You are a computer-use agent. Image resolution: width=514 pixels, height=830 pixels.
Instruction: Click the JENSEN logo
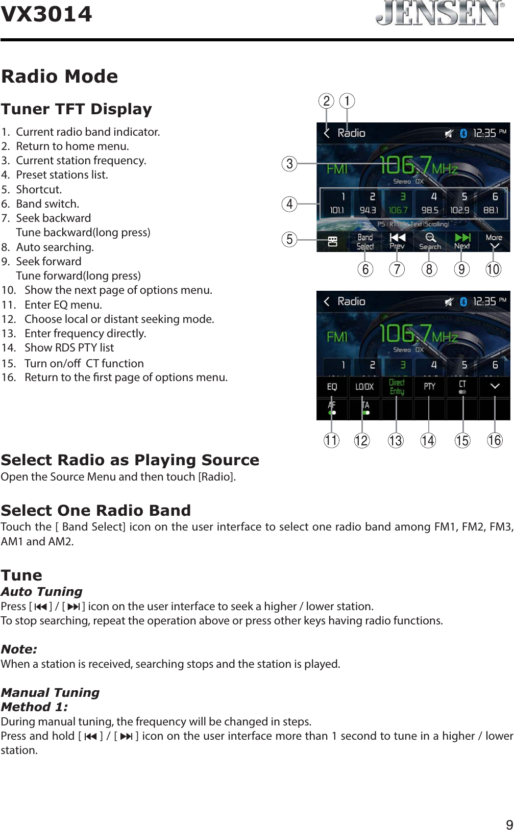(x=439, y=13)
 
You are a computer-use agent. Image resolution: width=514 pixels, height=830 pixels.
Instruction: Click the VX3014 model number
(x=46, y=14)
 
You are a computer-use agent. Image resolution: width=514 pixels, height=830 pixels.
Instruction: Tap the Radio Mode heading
(x=60, y=77)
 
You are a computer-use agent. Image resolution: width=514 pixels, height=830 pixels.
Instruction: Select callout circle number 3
(x=289, y=164)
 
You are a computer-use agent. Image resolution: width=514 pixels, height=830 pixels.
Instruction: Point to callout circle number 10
(x=493, y=269)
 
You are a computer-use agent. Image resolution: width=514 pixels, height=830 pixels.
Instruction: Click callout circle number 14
(x=428, y=440)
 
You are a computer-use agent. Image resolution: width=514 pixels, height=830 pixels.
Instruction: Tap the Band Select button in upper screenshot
(x=365, y=241)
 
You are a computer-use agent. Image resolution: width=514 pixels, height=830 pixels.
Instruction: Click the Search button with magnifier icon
(x=430, y=241)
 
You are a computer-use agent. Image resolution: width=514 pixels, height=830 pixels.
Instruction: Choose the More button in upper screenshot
(x=494, y=241)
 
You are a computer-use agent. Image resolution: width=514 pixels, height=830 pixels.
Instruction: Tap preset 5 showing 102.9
(x=460, y=203)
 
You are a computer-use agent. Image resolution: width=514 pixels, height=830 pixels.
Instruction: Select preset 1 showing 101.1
(x=337, y=203)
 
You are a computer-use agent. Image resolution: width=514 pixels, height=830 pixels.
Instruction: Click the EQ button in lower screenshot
(x=332, y=387)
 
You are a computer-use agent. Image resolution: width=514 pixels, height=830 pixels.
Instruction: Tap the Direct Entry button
(x=397, y=387)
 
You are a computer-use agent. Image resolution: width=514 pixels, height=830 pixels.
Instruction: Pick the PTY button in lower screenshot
(x=429, y=387)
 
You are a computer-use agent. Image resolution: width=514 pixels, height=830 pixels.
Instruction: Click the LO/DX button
(x=364, y=387)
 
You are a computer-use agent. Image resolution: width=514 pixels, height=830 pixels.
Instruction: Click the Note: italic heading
(x=19, y=649)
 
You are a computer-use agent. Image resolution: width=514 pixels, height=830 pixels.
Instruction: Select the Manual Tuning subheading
(x=50, y=692)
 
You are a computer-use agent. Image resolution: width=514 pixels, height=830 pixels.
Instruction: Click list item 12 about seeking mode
(x=119, y=319)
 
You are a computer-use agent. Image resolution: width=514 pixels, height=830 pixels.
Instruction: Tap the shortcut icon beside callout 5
(x=332, y=241)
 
